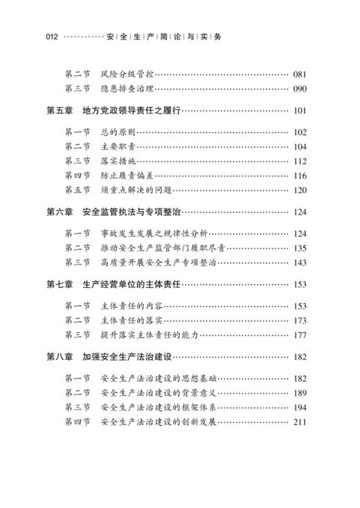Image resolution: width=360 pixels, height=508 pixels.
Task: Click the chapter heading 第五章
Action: pyautogui.click(x=60, y=111)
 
